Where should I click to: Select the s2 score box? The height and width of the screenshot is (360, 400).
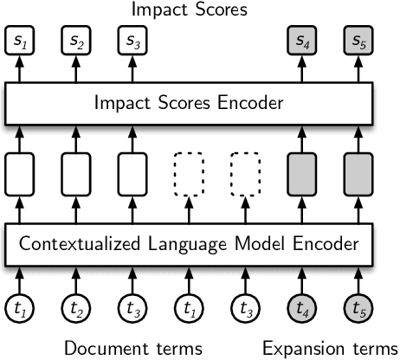tap(75, 41)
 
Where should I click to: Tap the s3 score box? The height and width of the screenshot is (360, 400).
tap(131, 41)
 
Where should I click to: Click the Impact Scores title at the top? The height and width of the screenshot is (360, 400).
tap(188, 10)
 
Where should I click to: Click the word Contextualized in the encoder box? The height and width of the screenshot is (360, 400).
tap(75, 244)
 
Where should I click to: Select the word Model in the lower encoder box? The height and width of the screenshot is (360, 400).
tap(253, 244)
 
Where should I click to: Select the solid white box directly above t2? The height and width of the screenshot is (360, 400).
tap(75, 171)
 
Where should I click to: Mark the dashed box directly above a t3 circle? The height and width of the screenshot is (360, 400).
tap(243, 171)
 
